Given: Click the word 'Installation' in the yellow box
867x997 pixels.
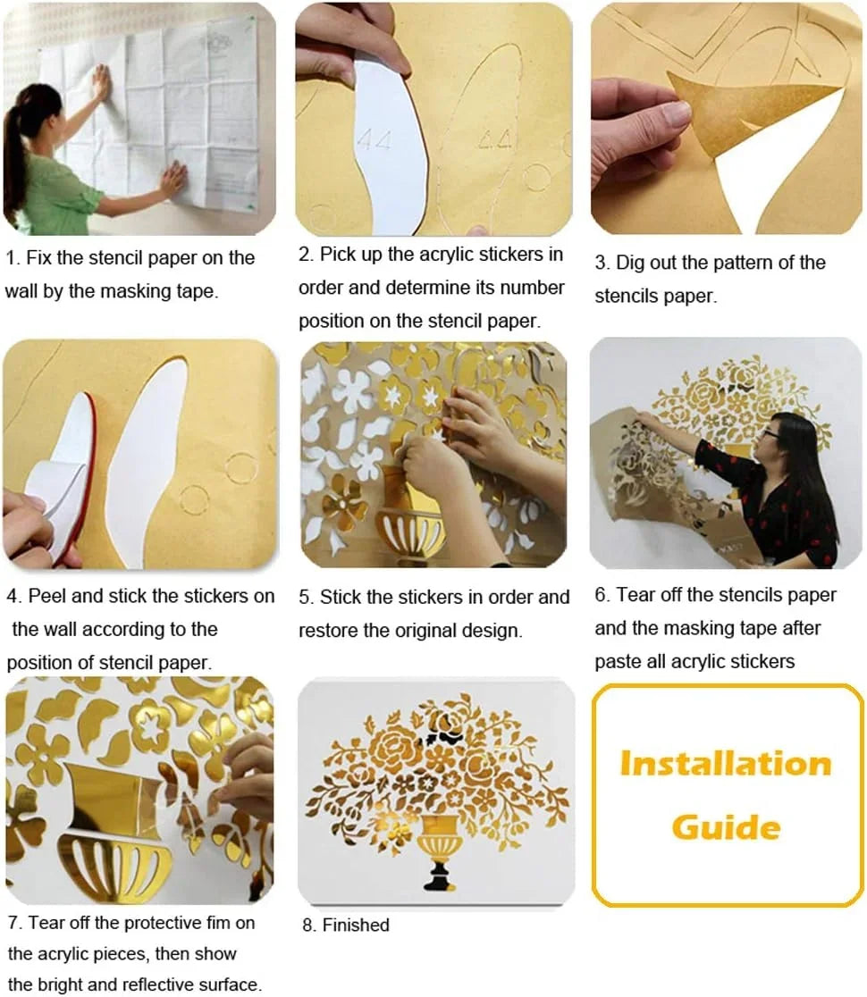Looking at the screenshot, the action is [726, 764].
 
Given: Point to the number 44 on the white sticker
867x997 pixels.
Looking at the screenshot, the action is [375, 139].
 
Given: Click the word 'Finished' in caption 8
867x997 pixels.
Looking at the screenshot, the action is [356, 926].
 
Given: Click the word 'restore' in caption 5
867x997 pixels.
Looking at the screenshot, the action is [328, 631].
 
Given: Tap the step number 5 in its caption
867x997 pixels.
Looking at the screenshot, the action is [305, 598].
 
